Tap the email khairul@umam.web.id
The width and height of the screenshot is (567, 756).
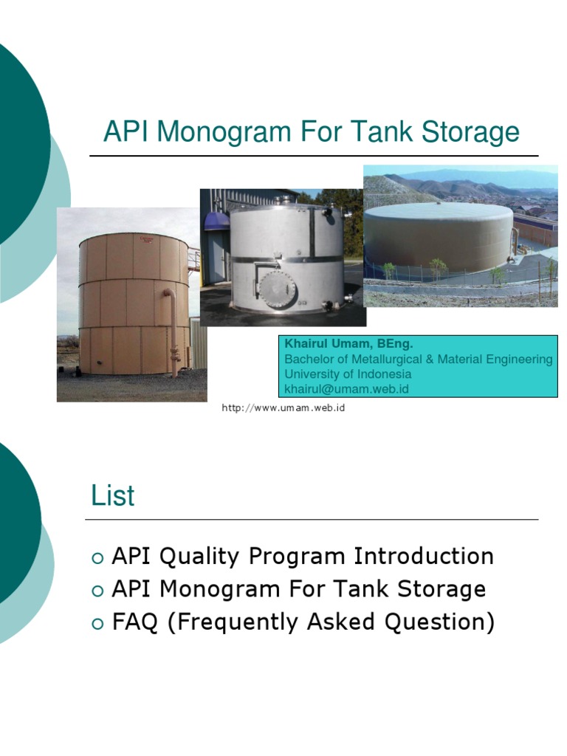point(346,388)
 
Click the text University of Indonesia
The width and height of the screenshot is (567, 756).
point(348,374)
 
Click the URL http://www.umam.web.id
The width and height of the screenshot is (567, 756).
point(283,408)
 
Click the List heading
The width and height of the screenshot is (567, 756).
point(113,496)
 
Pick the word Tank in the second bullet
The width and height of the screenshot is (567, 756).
point(358,589)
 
